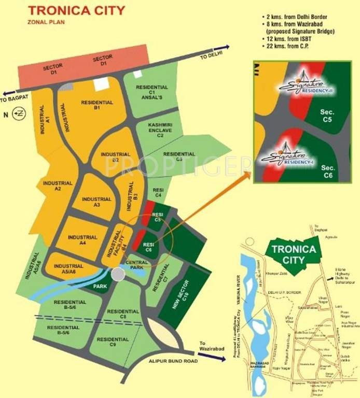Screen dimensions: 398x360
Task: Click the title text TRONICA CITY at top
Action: tap(76, 10)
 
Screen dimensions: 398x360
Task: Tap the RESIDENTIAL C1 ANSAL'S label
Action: tap(151, 92)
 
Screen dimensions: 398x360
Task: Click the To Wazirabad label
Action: tap(211, 346)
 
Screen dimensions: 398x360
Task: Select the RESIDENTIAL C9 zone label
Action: tap(113, 343)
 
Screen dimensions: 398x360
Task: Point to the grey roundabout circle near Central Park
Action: tap(118, 275)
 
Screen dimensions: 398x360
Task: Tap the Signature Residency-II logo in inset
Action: tap(301, 85)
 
